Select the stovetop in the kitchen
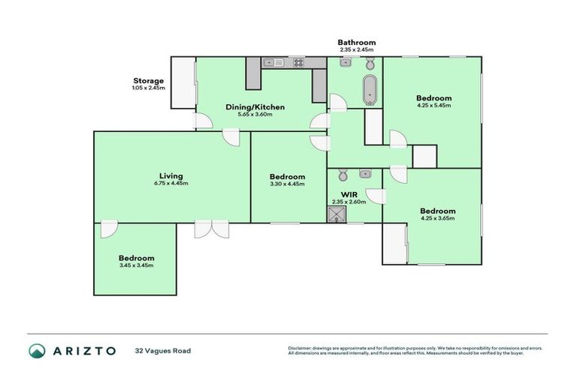[x=298, y=62]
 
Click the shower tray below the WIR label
[x=334, y=214]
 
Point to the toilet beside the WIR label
[x=343, y=175]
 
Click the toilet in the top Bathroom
[x=345, y=64]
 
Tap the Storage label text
[x=148, y=80]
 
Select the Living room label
[x=171, y=176]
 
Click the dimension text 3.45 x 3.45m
[x=136, y=265]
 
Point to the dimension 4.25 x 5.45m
[x=434, y=106]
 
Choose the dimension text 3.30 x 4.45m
[x=288, y=184]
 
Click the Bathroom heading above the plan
[x=356, y=43]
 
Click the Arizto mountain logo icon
[x=37, y=350]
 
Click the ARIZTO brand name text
[x=83, y=350]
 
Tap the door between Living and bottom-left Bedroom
[x=109, y=229]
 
